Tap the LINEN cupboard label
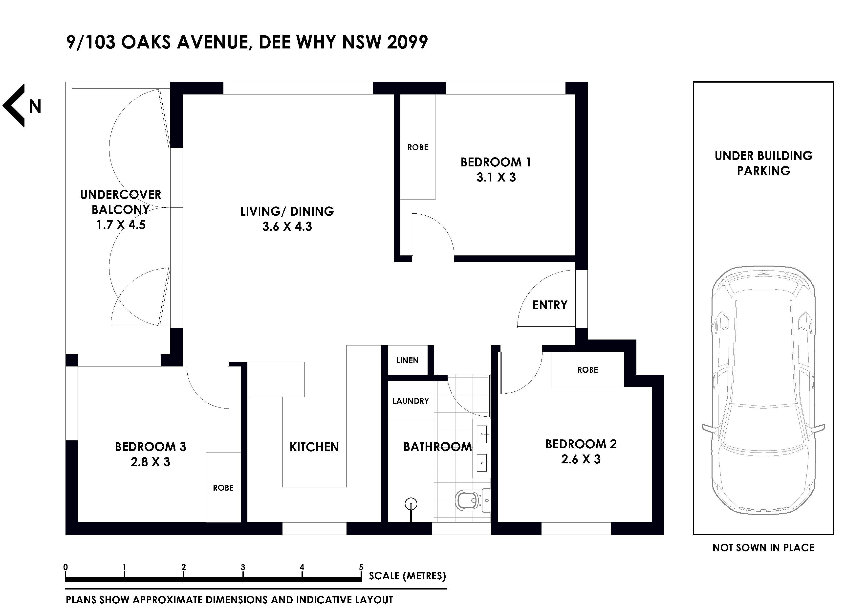tap(408, 361)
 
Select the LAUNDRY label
tap(411, 401)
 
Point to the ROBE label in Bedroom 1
tap(418, 147)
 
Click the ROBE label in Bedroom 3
tap(223, 488)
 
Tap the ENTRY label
tap(550, 305)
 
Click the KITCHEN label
tap(314, 447)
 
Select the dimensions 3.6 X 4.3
tap(287, 227)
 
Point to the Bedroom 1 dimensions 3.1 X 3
tap(496, 178)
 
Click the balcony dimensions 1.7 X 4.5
tap(121, 225)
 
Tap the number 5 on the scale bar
tap(361, 567)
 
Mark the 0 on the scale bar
tap(66, 567)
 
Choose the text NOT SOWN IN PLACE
tap(763, 548)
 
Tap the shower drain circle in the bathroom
tap(411, 503)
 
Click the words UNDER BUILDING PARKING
tap(763, 163)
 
